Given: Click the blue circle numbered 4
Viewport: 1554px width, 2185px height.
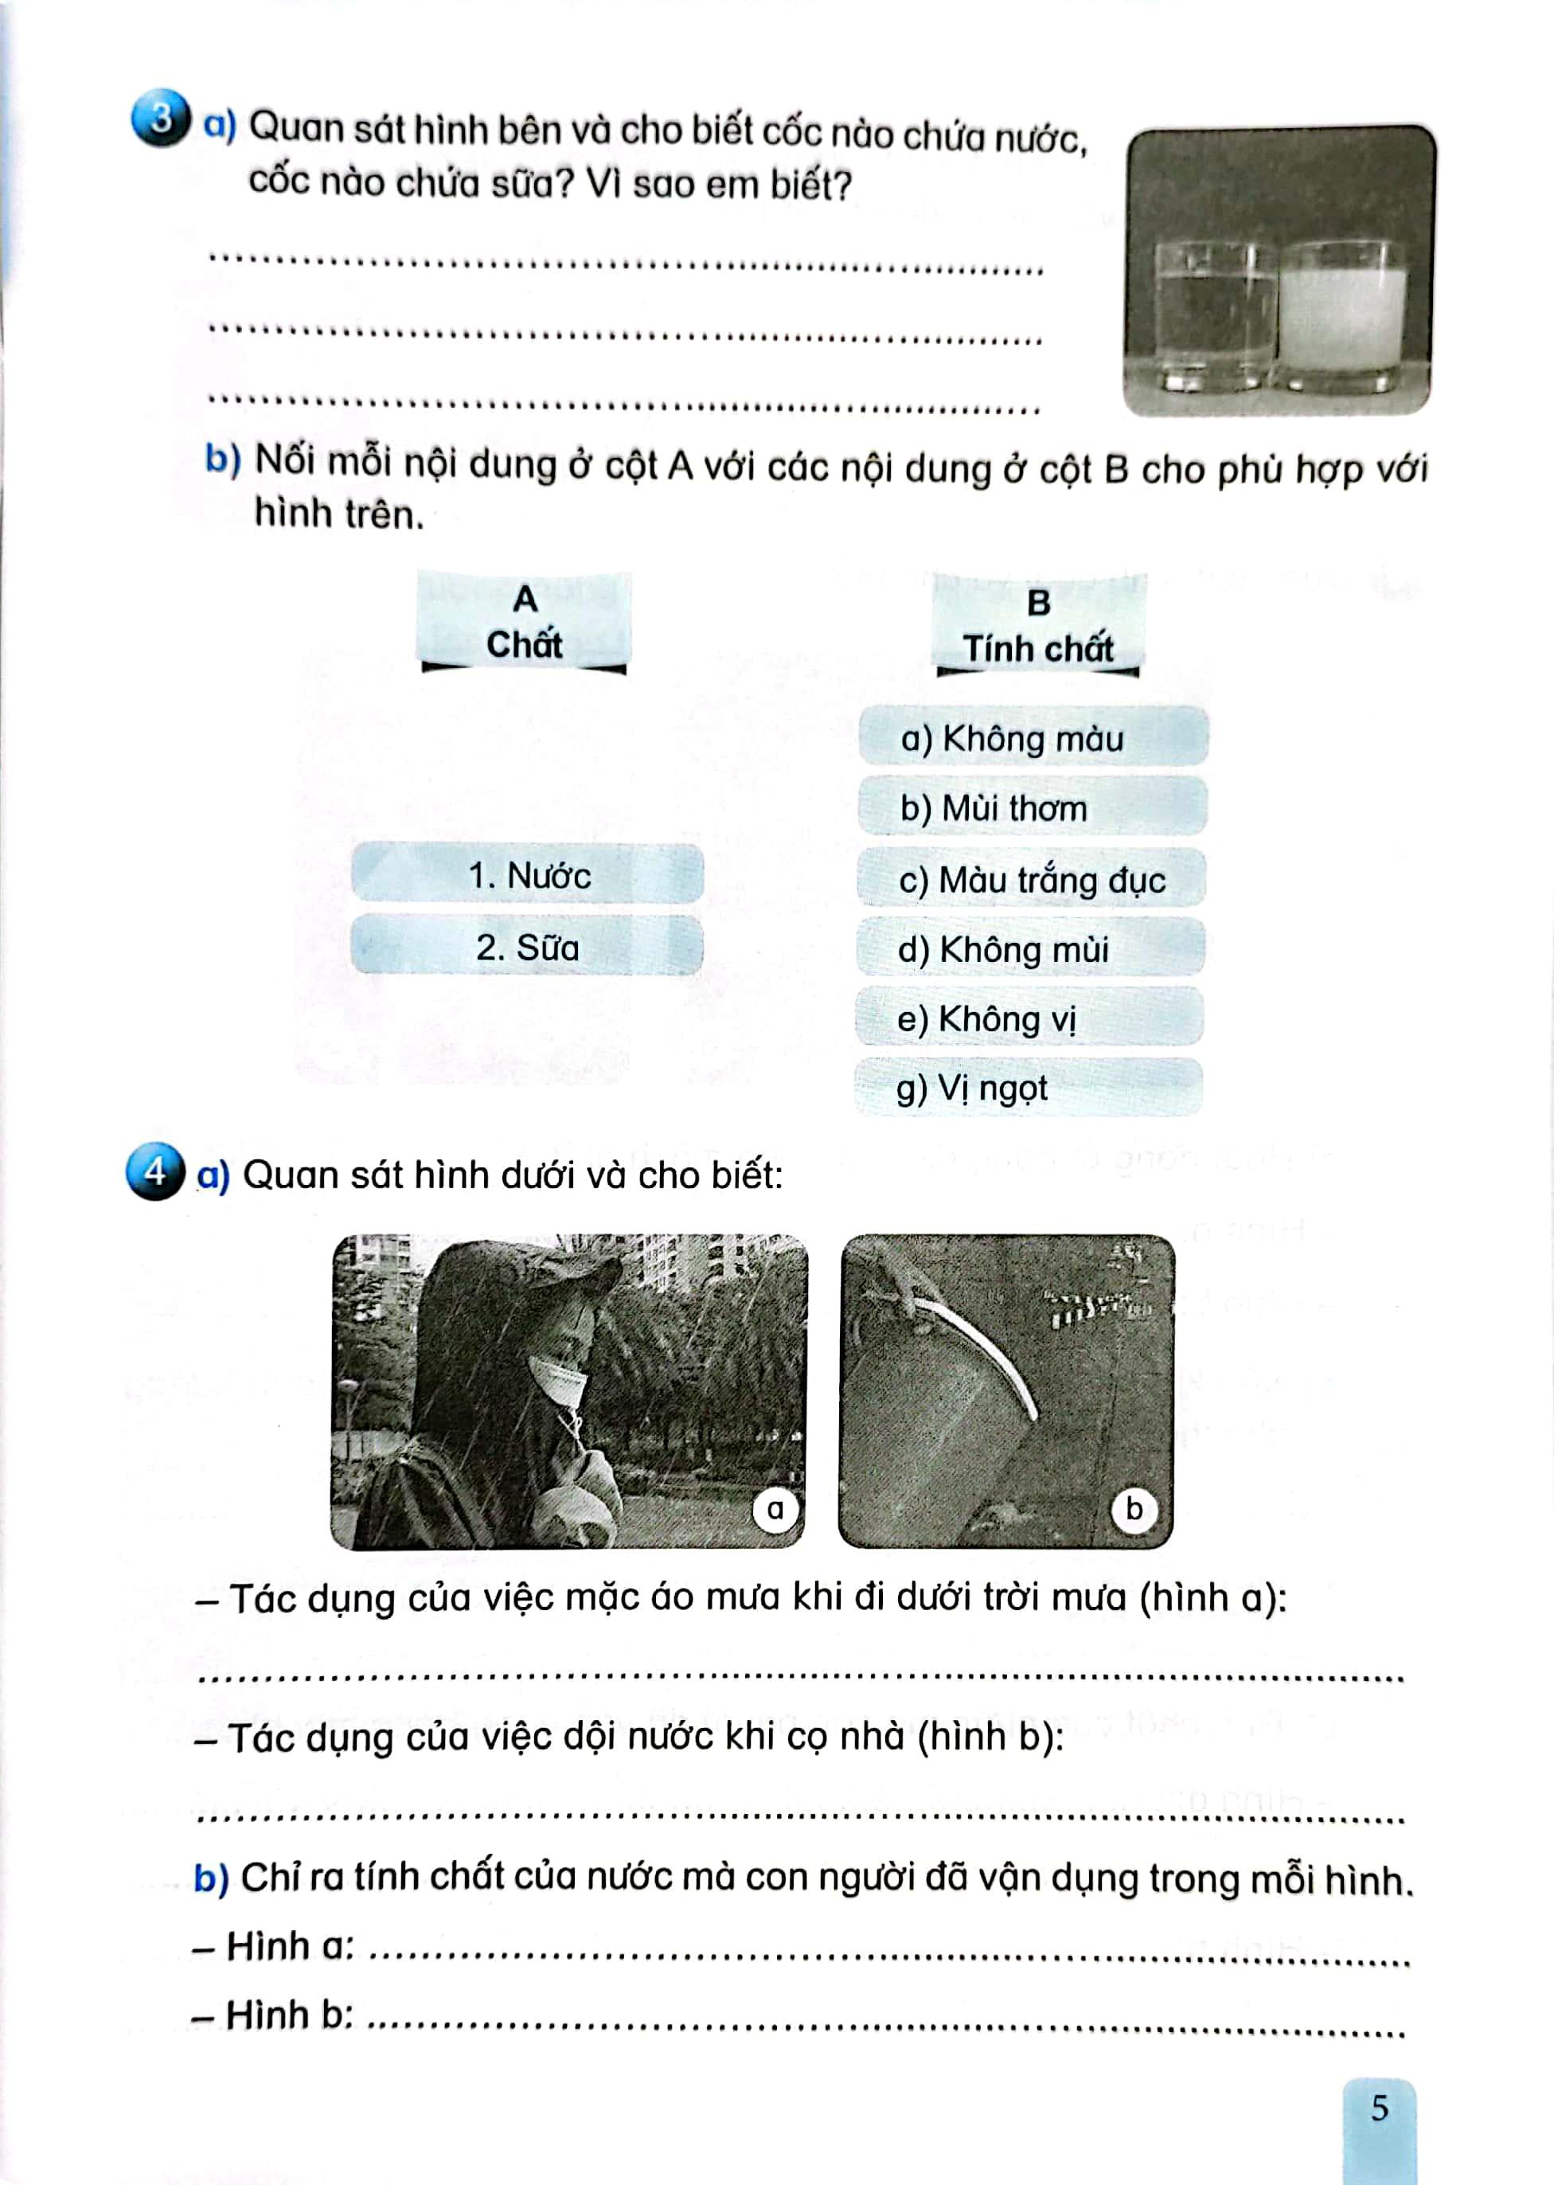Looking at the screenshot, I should click(x=155, y=1171).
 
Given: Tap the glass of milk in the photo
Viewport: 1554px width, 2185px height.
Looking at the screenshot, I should click(x=1341, y=316).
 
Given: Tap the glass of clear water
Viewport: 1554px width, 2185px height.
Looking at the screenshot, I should click(x=1216, y=316).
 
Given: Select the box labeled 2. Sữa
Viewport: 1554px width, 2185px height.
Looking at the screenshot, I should click(x=526, y=948).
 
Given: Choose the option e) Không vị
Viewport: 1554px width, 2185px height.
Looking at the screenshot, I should click(x=1029, y=1019).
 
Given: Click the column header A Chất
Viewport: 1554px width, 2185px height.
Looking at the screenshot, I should click(x=525, y=623).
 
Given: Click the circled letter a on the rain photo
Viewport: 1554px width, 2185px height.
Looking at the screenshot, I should click(x=775, y=1509).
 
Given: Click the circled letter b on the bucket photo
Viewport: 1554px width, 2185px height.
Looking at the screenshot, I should click(x=1134, y=1509).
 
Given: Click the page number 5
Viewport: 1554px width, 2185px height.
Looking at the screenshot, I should click(x=1379, y=2108).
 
